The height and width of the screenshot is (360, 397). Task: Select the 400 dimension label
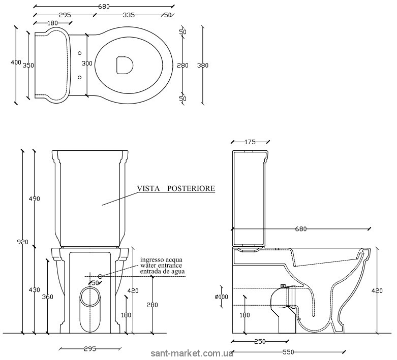point(16,62)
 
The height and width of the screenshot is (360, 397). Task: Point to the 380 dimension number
point(203,65)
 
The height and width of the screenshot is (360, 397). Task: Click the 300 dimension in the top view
point(87,63)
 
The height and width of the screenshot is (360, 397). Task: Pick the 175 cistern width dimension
point(249,142)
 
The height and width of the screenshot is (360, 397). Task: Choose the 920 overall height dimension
point(22,242)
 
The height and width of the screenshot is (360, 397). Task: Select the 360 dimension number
point(47,297)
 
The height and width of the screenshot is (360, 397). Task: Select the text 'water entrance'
point(162,266)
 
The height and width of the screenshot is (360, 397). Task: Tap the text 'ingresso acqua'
point(162,259)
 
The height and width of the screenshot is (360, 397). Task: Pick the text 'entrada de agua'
point(163,272)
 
